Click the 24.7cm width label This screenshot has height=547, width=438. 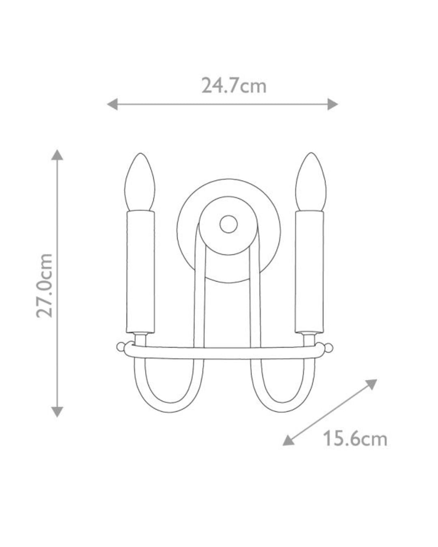click(234, 85)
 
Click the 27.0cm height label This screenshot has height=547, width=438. click(44, 285)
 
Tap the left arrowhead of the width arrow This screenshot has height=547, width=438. click(112, 104)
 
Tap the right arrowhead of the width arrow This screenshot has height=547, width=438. click(333, 104)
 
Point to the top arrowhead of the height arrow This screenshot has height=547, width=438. click(57, 155)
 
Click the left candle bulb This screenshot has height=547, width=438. click(140, 182)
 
